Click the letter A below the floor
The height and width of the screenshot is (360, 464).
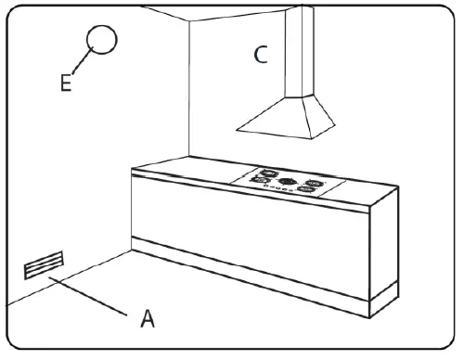147,319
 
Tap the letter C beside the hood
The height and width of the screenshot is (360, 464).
262,55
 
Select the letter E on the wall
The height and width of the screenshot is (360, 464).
66,84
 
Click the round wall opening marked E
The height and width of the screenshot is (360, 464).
103,41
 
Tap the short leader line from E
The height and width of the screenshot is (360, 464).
80,68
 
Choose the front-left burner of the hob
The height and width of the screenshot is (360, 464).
261,182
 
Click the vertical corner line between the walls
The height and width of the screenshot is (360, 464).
189,93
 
